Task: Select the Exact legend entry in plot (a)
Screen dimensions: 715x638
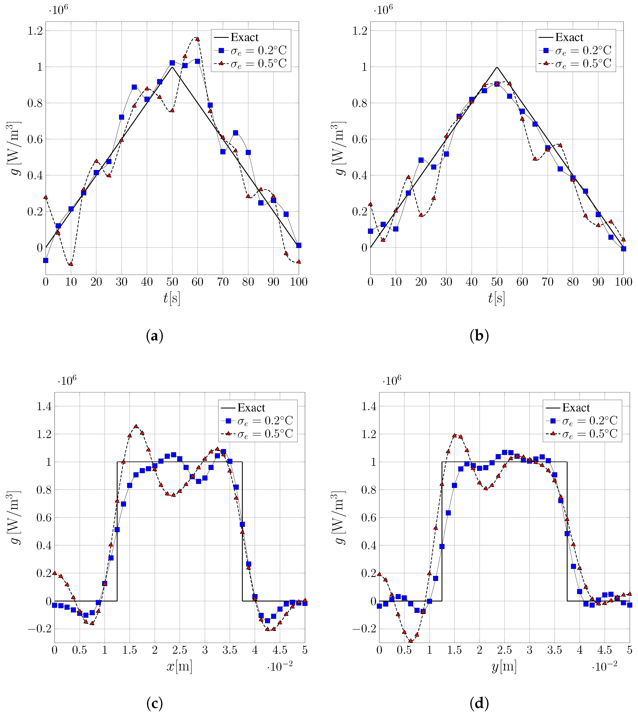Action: click(244, 37)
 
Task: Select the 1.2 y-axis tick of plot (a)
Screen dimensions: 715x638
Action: click(35, 31)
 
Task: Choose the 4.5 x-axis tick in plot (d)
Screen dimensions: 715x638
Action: click(605, 650)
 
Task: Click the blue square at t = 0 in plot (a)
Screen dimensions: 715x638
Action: click(46, 260)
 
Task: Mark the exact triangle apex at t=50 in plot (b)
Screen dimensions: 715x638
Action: click(497, 67)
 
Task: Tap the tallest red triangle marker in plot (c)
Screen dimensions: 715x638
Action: click(136, 426)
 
